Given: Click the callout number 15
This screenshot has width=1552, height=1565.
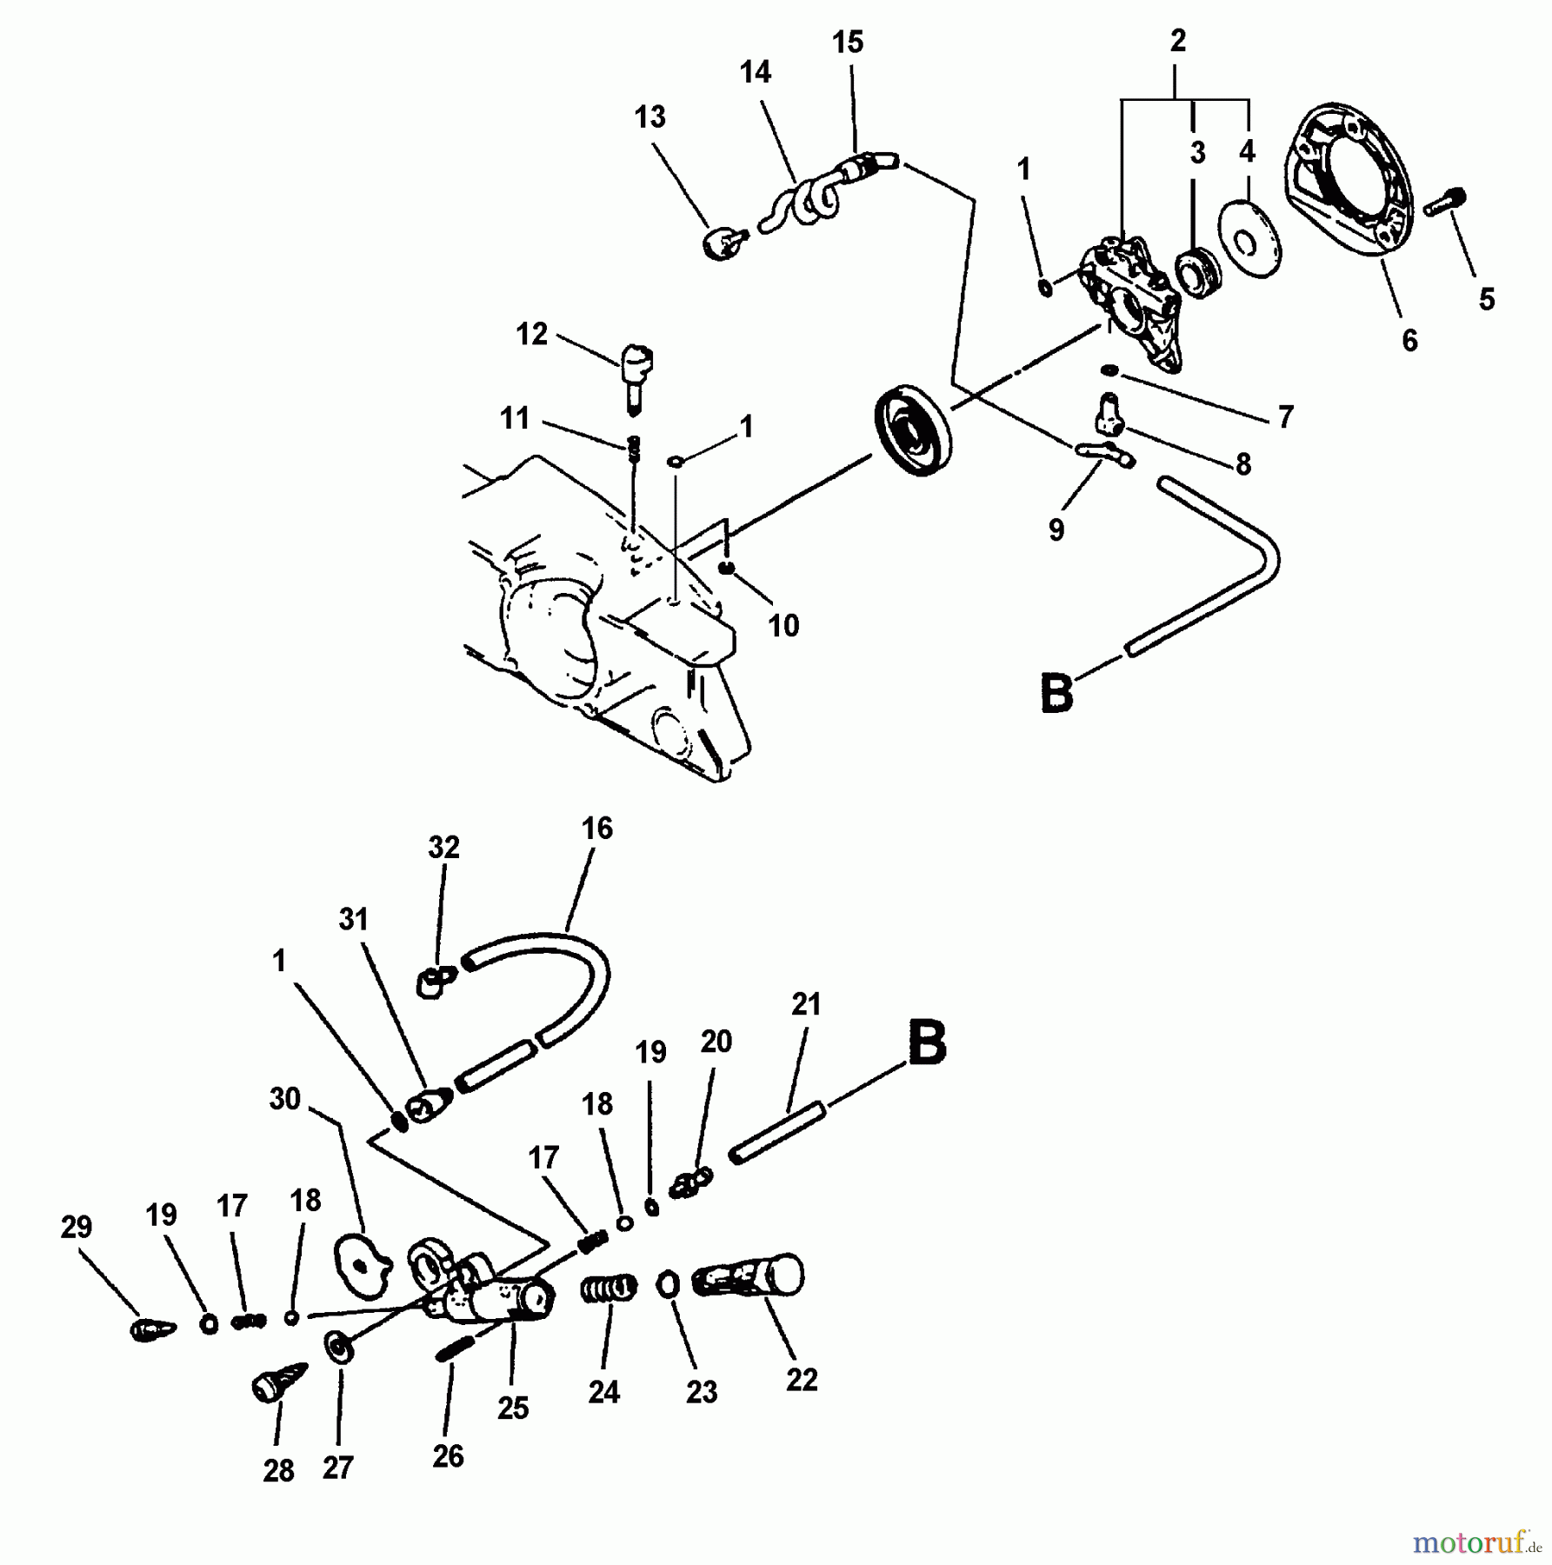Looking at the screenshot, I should pos(848,42).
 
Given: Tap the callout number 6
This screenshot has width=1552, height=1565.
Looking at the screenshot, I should pos(1409,340).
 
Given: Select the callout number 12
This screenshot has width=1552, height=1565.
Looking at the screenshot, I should pos(531,334).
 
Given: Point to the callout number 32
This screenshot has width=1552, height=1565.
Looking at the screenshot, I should pos(443,847).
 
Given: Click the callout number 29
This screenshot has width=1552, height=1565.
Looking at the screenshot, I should pos(77,1227).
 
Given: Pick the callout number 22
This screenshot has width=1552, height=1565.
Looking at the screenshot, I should pos(801,1380).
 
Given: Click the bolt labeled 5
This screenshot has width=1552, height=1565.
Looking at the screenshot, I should pos(1447,203).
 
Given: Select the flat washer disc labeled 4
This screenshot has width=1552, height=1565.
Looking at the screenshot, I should pos(1249,239).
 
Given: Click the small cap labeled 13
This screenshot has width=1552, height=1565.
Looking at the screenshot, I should pos(723,243).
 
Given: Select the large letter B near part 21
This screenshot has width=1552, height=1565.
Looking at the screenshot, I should pos(927,1042).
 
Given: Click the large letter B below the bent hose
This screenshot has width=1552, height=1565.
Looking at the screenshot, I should pos(1056,694).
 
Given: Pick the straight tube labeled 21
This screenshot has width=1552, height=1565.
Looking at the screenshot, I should pos(776,1133).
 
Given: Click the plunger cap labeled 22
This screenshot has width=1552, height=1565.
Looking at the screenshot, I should pos(749,1277).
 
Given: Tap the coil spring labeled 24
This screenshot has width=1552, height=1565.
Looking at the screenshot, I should pos(609,1288).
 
